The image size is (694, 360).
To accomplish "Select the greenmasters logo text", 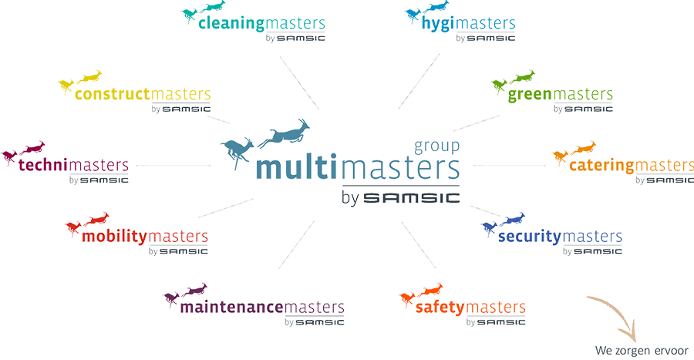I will (x=561, y=95).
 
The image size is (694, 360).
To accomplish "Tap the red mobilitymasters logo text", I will (x=147, y=237).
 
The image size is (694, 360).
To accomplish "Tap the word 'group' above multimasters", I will (x=436, y=146).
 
